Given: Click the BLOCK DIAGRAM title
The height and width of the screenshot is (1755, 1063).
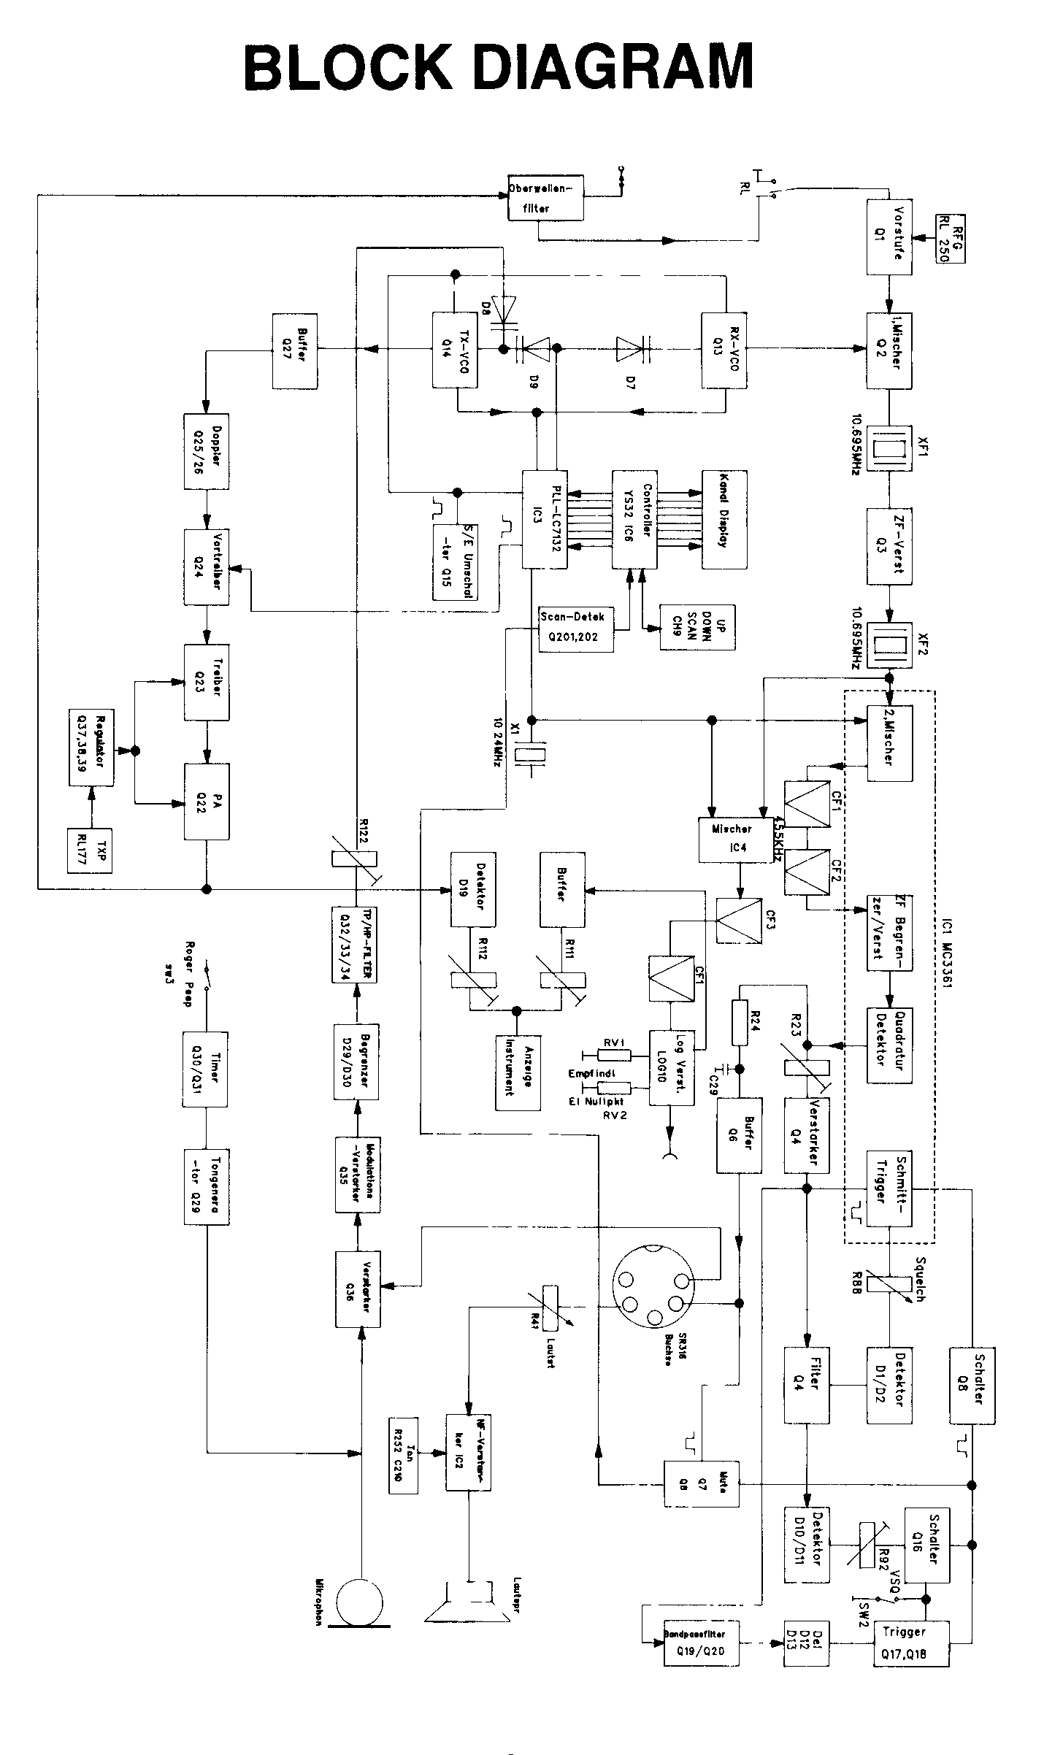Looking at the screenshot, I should (498, 66).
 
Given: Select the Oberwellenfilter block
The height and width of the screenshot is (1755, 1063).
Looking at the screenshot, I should (546, 197).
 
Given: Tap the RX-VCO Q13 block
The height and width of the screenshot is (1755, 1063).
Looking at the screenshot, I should (724, 351).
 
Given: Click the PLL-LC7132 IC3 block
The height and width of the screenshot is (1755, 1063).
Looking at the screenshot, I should (545, 519).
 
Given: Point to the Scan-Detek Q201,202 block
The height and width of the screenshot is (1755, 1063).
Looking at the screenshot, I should (575, 628).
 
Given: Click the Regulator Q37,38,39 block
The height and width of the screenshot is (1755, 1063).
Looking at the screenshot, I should (91, 747).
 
